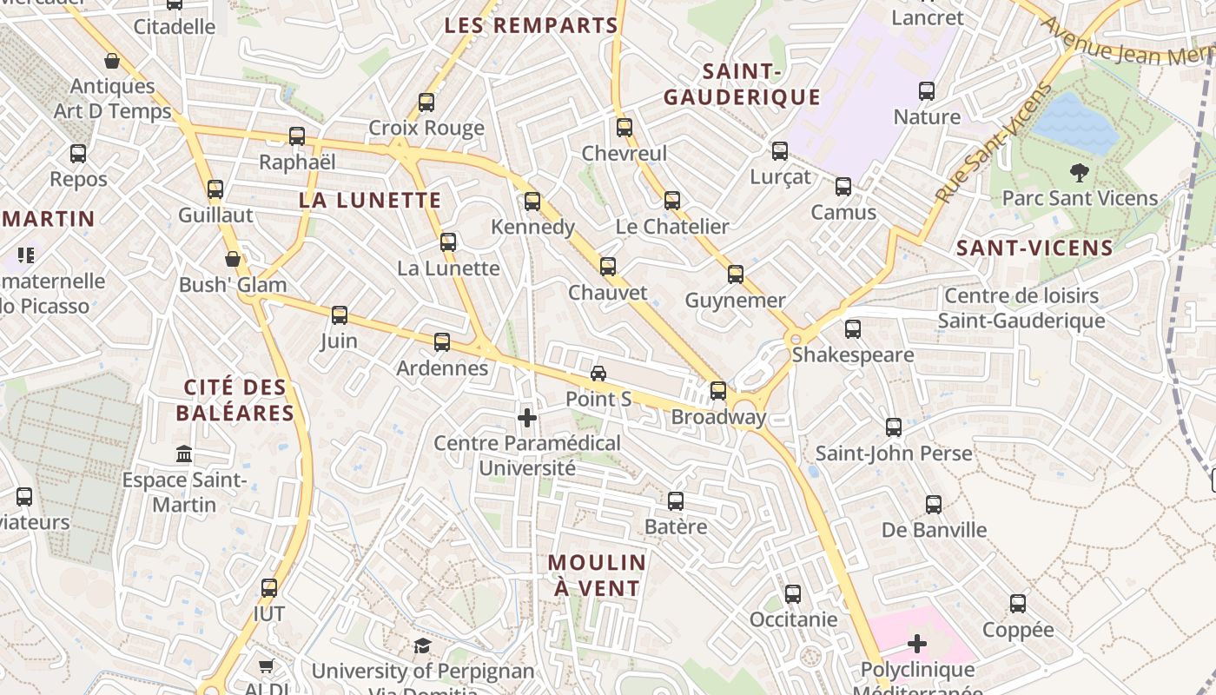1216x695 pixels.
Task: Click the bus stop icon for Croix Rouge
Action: pos(426,103)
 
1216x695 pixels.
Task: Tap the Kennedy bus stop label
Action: pos(532,227)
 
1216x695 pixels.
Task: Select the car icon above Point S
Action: pos(598,374)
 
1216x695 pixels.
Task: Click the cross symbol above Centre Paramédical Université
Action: pos(527,418)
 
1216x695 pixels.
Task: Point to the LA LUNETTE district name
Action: pos(370,201)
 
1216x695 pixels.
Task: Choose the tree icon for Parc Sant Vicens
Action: pos(1080,172)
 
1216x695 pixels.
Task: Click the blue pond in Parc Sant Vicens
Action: pos(1074,123)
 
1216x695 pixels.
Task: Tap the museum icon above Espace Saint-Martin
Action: pos(184,453)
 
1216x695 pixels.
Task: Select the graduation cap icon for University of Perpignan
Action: pos(422,645)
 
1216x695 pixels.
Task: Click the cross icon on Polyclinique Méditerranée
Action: pos(917,644)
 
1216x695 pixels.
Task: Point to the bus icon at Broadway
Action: pos(718,391)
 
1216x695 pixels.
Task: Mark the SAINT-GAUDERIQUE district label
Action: pos(742,84)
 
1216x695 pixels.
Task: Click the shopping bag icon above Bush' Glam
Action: pos(233,259)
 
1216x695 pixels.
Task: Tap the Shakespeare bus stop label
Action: pos(852,354)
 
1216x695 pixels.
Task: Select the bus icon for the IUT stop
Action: pos(269,588)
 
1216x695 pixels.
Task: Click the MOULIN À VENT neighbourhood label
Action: pos(598,575)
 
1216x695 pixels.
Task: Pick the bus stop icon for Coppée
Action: pos(1018,604)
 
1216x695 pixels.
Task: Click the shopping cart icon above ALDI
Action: pos(267,666)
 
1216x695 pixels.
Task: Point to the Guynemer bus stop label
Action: pos(735,301)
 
